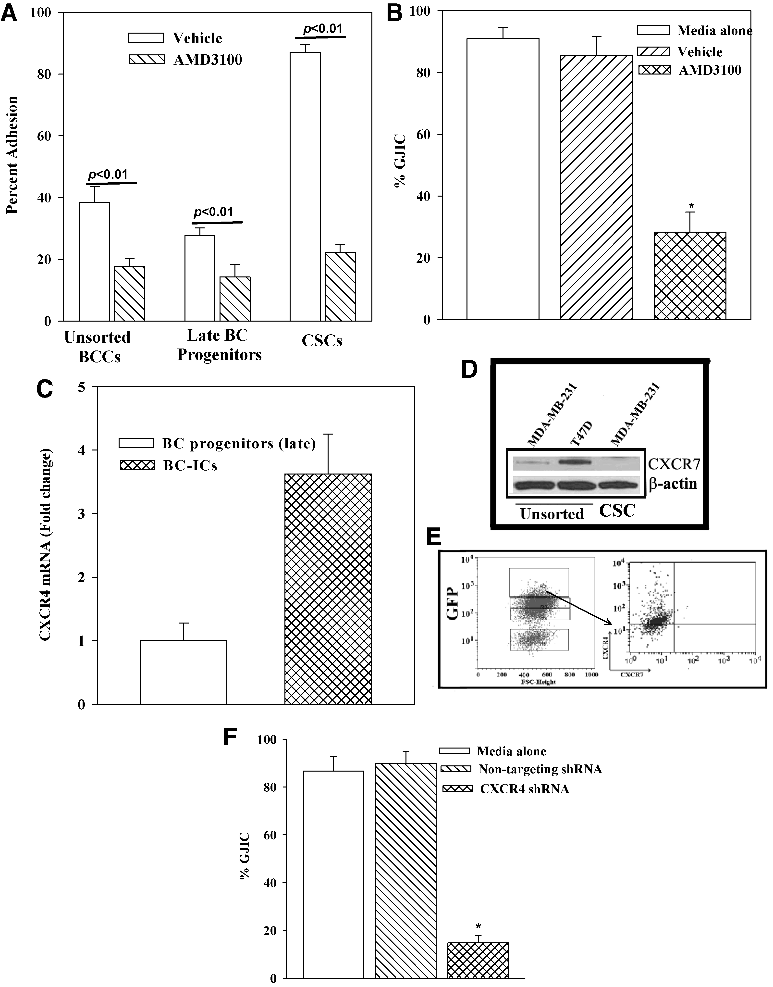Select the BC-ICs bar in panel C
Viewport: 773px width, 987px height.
tap(328, 588)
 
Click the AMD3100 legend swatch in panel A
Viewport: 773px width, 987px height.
tap(147, 59)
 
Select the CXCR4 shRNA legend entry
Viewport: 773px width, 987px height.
tap(524, 789)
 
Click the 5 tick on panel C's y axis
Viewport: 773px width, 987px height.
tap(81, 387)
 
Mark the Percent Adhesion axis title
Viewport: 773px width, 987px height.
tap(12, 155)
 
